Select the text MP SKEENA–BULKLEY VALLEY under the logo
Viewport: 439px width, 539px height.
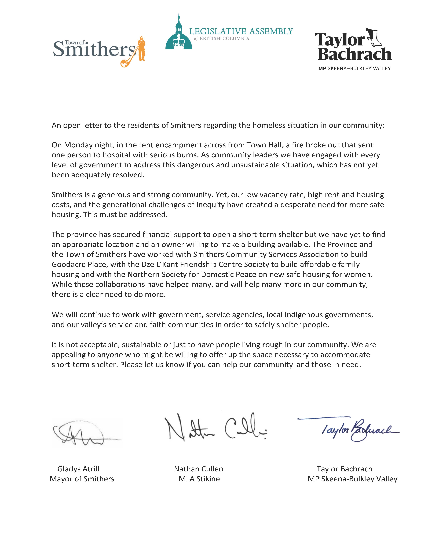(x=354, y=68)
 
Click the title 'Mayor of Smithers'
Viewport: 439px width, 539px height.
(x=82, y=479)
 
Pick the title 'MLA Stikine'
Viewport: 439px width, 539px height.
(x=199, y=479)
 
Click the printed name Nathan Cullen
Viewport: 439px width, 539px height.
(x=199, y=469)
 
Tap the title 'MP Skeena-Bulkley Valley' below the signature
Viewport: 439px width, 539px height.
(x=353, y=479)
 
